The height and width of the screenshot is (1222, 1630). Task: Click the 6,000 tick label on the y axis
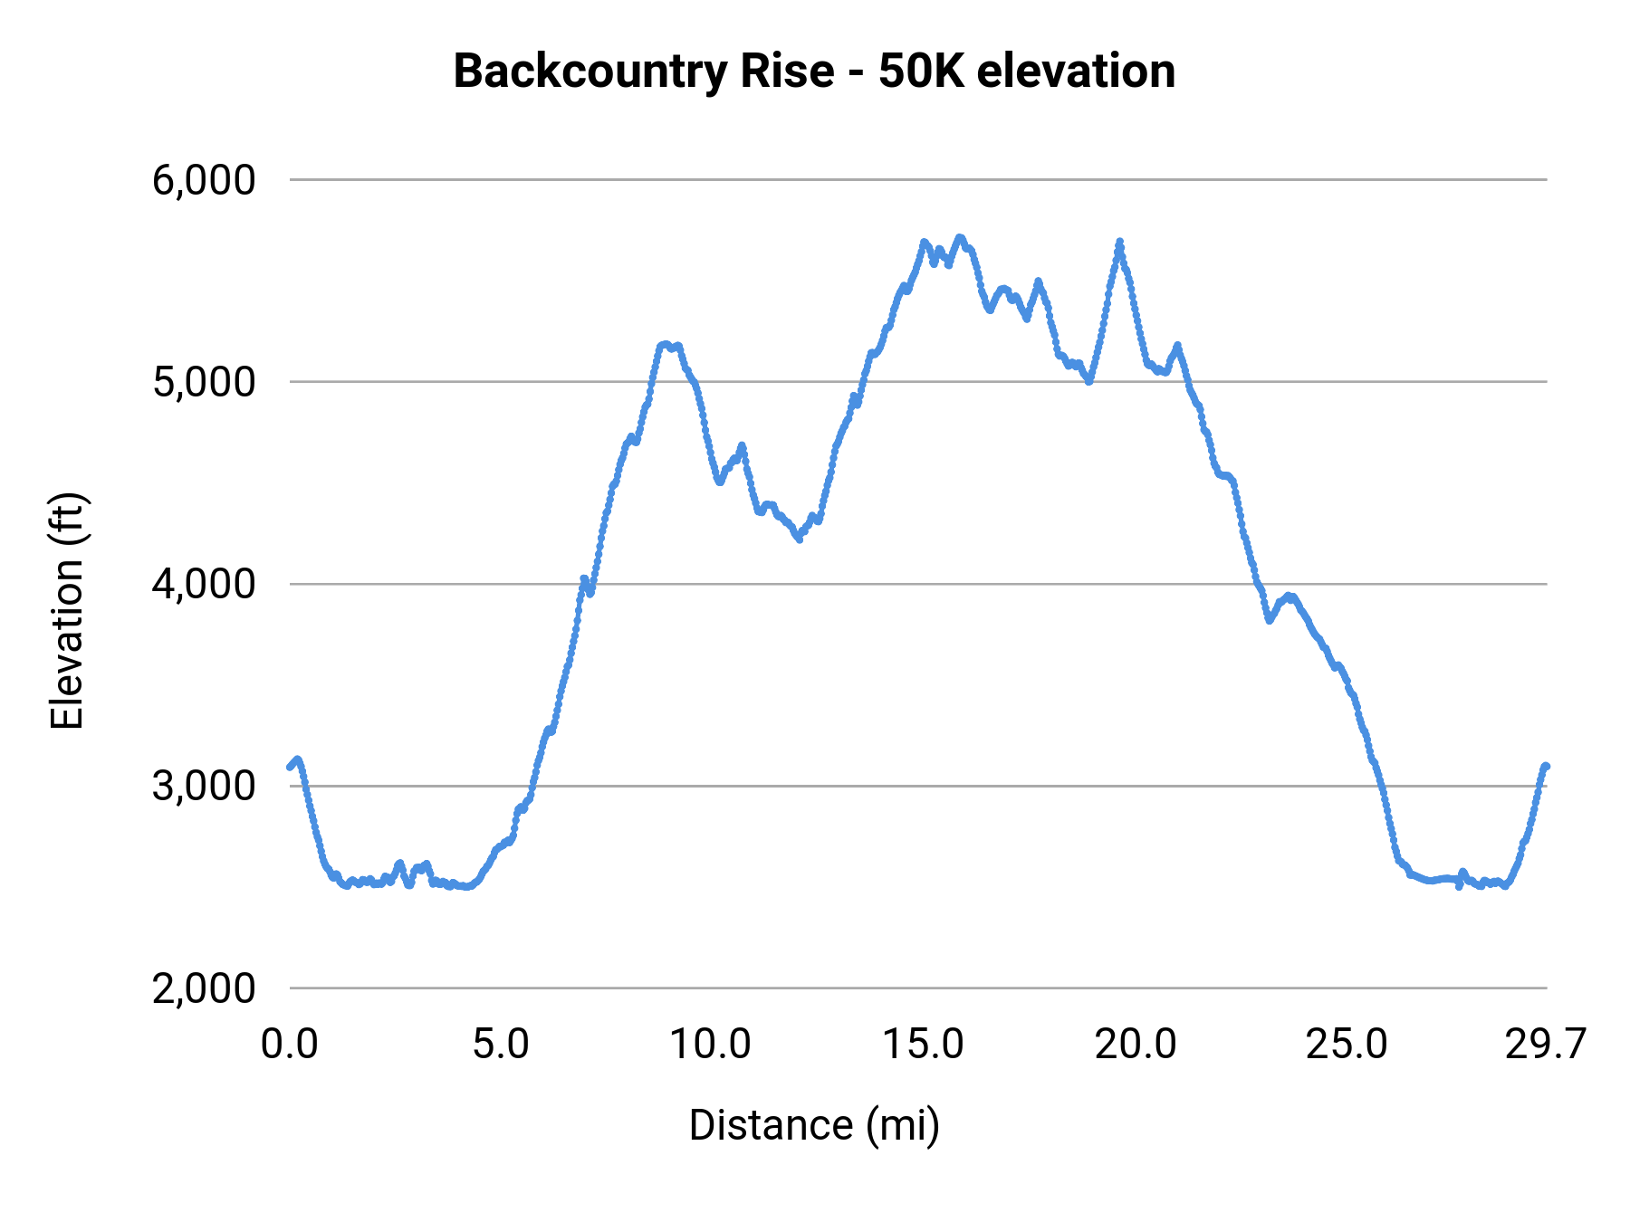(204, 180)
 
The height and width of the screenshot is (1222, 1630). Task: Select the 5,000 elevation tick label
(204, 382)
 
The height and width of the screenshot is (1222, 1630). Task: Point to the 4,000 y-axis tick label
(204, 584)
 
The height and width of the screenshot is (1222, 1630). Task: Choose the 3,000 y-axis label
(204, 786)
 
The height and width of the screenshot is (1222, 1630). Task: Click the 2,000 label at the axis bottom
(204, 988)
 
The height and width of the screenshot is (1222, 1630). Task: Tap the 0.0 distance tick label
(289, 1045)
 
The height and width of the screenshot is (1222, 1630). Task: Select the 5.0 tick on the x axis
(501, 1045)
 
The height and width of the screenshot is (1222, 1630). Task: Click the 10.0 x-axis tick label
(711, 1045)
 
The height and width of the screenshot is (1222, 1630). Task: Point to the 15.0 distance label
(923, 1045)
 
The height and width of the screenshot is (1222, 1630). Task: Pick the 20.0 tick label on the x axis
(1135, 1045)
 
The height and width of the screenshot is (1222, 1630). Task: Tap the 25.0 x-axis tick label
(1347, 1045)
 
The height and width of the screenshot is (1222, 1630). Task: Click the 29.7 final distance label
(1545, 1045)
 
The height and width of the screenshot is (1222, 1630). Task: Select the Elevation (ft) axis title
(67, 611)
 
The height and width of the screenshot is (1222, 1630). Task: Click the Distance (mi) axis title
(814, 1125)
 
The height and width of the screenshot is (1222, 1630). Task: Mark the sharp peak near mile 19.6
(1120, 242)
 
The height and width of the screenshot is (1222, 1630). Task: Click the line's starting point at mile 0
(290, 767)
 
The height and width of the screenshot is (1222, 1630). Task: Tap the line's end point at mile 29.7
(1547, 766)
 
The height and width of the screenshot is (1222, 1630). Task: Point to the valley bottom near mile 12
(799, 539)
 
